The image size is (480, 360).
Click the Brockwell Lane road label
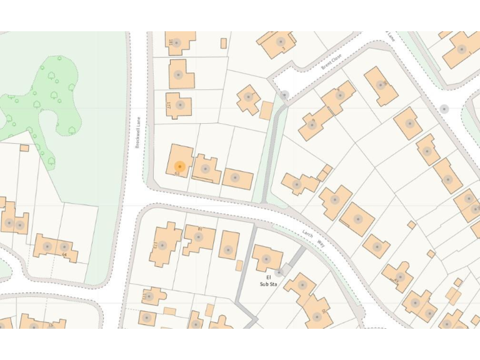coord(137,134)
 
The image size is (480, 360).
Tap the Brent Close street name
coord(332,61)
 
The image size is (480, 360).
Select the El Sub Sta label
coord(268,280)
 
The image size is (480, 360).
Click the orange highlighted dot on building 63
coord(179,167)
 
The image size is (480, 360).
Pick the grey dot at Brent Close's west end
coord(284,95)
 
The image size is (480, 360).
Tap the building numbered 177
coord(179,106)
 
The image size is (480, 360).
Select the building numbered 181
coord(177,42)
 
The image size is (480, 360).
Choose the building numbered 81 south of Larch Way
coord(200,239)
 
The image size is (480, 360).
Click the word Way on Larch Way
coord(321,242)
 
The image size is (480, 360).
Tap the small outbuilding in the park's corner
coord(24,148)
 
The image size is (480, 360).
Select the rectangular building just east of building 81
coord(229,246)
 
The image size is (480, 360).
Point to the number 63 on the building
coord(177,174)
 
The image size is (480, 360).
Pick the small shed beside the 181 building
coord(223,43)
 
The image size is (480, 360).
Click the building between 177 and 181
coord(180,74)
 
